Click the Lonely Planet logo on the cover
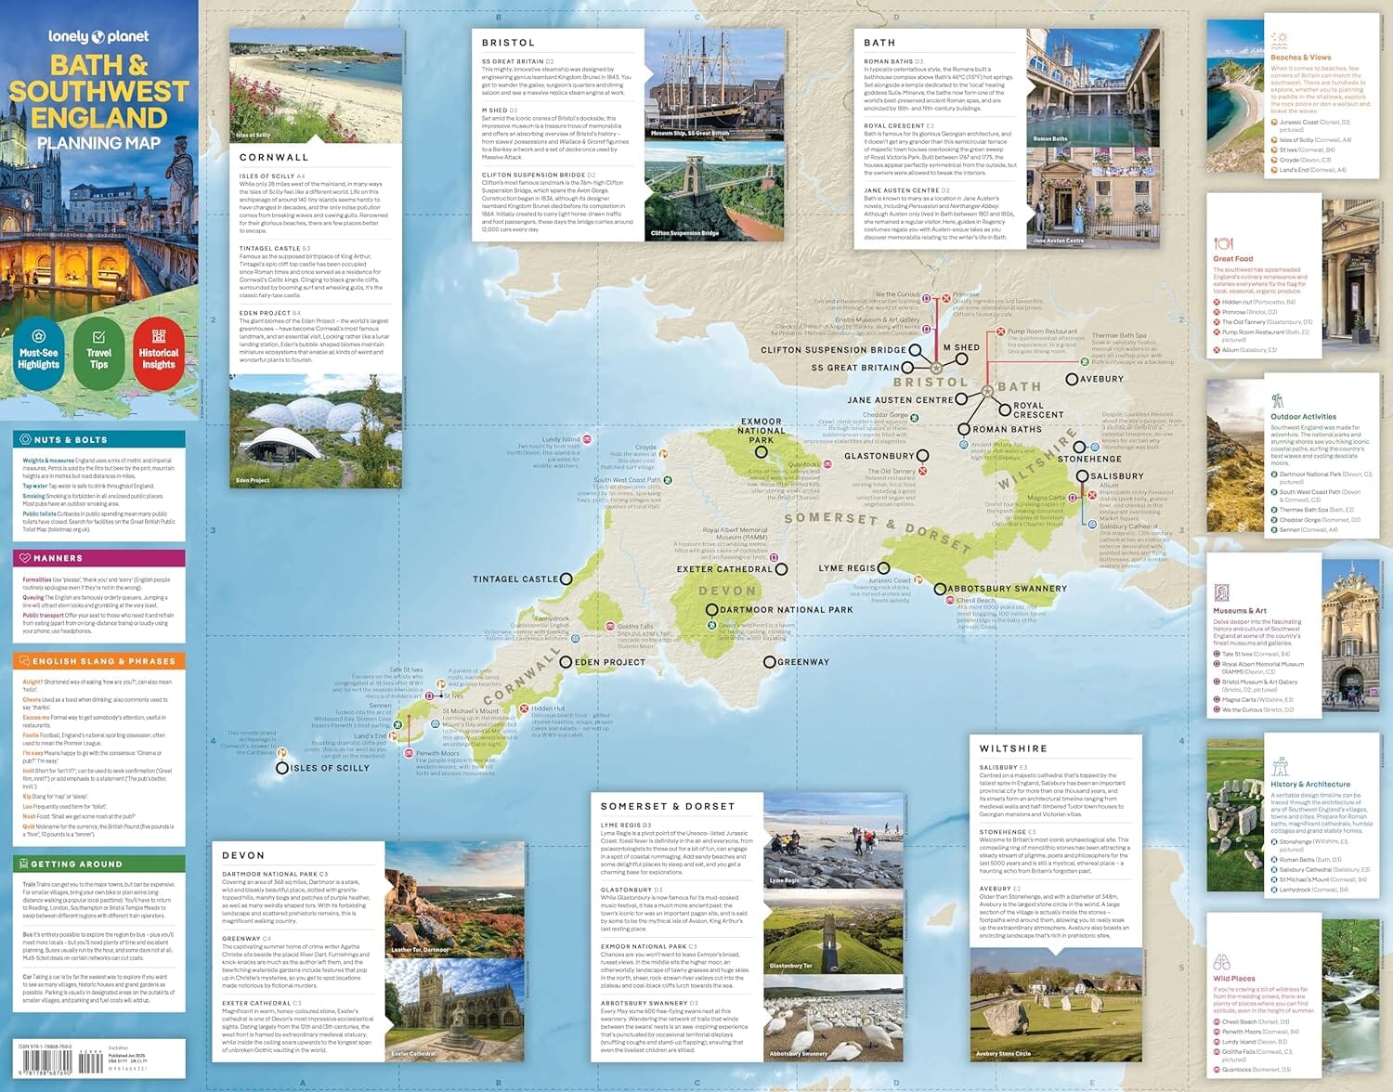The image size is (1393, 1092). tap(98, 36)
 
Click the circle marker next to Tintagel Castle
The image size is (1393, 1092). tap(566, 578)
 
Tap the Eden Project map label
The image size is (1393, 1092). tap(609, 662)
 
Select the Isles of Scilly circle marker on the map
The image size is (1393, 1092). tap(282, 768)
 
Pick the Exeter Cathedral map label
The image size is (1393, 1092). tap(724, 569)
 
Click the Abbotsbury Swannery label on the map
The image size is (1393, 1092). tap(1007, 589)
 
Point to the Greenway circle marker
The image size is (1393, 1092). tap(769, 662)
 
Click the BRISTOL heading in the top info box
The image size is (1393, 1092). tap(508, 43)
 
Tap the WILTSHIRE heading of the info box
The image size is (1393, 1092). tap(1012, 748)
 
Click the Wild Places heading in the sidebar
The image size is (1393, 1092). tap(1234, 978)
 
